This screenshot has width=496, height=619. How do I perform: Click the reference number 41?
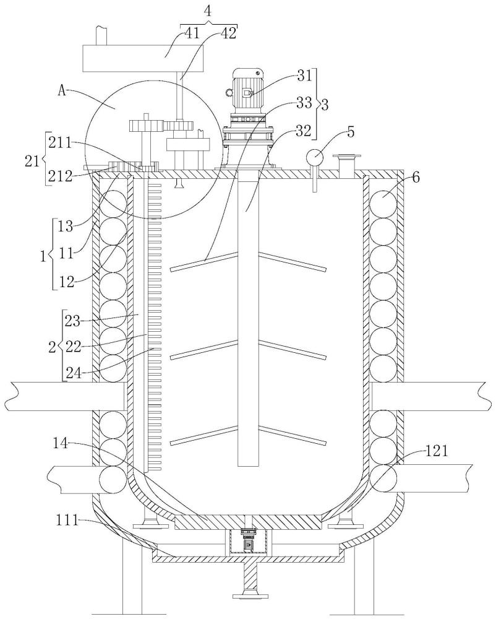tap(192, 33)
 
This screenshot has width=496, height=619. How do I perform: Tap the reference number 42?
tap(228, 33)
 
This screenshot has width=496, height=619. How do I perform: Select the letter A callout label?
tap(62, 91)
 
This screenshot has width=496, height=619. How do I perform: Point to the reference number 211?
tap(61, 142)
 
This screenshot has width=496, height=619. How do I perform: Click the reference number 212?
tap(61, 176)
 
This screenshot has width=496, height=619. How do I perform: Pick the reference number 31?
tap(304, 76)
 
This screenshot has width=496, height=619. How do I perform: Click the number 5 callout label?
tap(350, 132)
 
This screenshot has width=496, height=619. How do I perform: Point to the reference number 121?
tap(437, 451)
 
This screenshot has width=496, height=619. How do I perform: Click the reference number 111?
tap(66, 521)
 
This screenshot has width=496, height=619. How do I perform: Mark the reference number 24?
tap(74, 372)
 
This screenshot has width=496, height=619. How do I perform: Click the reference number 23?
tap(74, 321)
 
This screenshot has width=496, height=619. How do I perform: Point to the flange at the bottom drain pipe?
tap(250, 605)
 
